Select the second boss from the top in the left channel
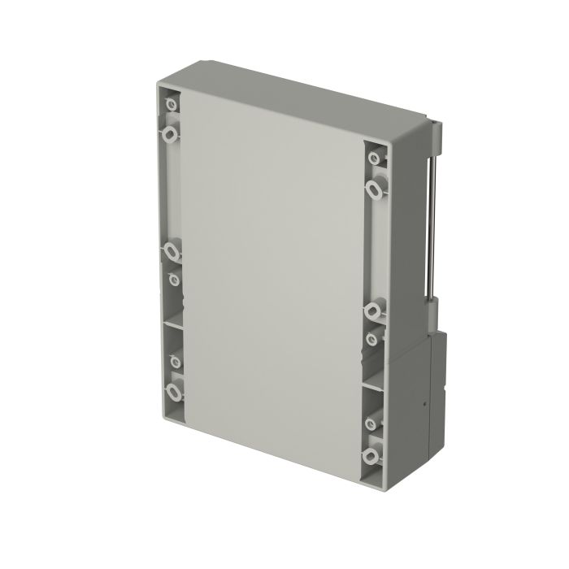pos(171,132)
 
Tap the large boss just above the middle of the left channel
pos(172,250)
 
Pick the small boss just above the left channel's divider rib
pos(172,280)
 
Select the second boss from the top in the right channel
pos(374,189)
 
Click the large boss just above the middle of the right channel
pos(374,309)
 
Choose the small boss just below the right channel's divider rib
pos(373,423)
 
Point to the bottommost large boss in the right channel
pos(374,452)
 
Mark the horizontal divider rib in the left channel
pos(173,323)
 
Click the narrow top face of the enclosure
pos(301,98)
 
